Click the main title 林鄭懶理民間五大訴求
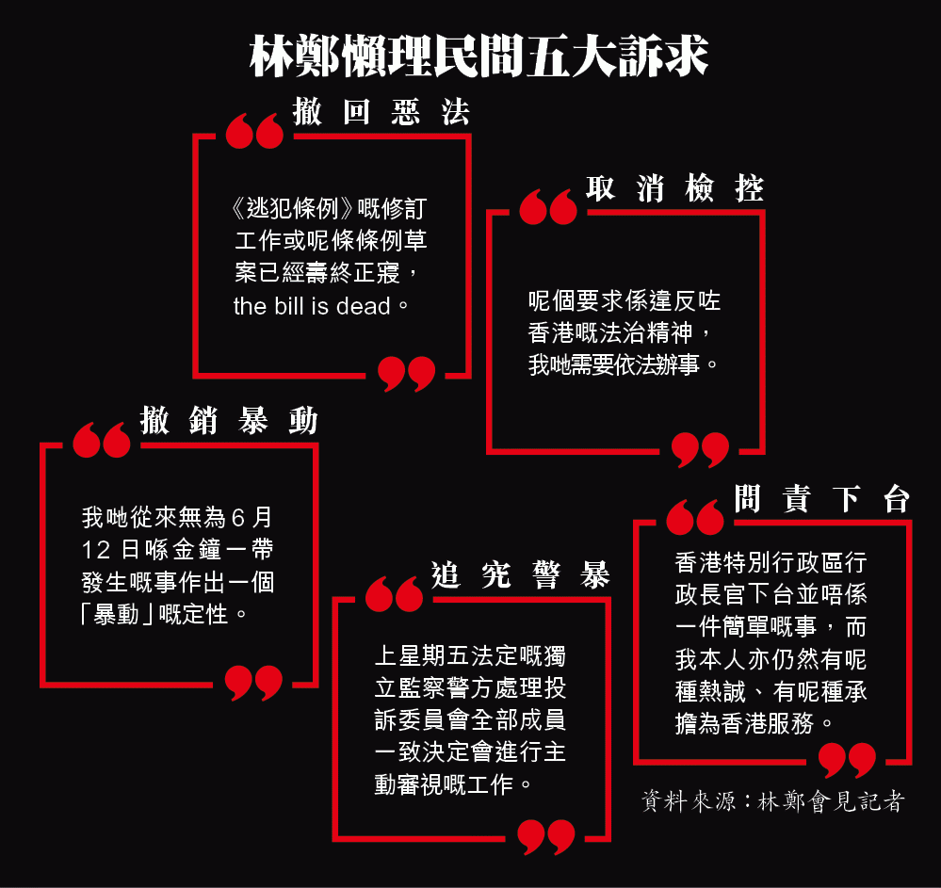coord(479,56)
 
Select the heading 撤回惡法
coord(381,112)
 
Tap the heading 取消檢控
coord(675,188)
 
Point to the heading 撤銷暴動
coord(229,420)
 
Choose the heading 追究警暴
coord(520,574)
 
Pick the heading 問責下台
coord(822,498)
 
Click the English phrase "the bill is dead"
coord(312,306)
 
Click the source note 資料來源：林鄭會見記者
coord(773,801)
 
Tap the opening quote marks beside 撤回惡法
coord(254,130)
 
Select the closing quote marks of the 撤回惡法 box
coord(406,374)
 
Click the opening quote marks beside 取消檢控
coord(548,207)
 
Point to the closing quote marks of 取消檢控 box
coord(701,450)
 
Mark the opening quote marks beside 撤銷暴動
coord(102,440)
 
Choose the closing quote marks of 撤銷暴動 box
coord(253,683)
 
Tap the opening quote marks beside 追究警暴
coord(394,594)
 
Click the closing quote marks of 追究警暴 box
coord(546,837)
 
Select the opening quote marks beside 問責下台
coord(695,517)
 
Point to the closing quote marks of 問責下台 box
coord(848,760)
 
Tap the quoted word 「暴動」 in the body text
coord(119,614)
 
